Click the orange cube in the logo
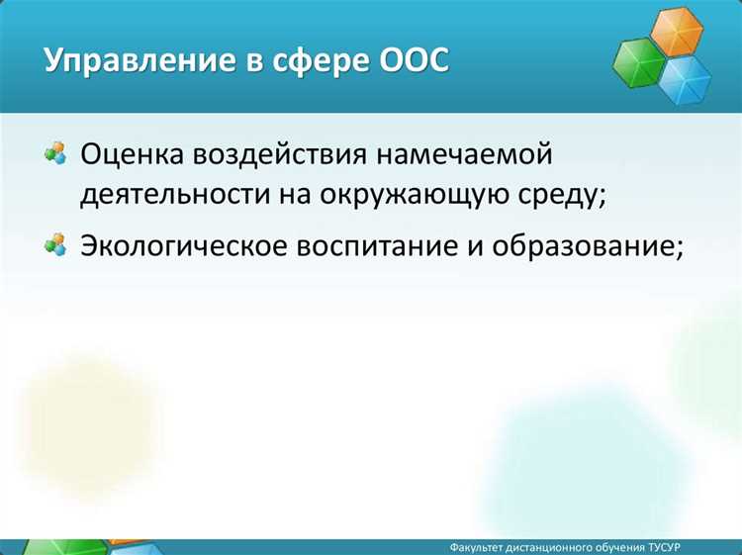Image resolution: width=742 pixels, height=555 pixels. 677,32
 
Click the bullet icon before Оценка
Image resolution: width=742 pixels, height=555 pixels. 55,153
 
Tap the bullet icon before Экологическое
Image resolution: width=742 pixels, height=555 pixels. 55,244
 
